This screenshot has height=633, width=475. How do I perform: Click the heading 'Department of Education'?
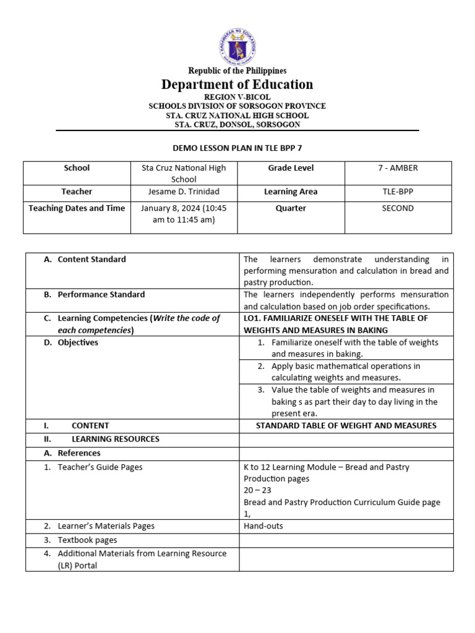237,84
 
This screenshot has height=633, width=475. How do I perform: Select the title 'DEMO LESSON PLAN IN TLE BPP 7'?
237,148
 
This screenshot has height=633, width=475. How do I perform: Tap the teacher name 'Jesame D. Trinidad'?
184,192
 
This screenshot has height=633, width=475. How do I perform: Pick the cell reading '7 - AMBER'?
398,168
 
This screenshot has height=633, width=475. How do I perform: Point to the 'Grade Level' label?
291,168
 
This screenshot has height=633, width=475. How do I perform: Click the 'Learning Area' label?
291,192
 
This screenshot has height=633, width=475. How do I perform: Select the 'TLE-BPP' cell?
398,192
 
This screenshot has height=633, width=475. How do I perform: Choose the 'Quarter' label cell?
291,208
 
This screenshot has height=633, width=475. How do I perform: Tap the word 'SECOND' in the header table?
398,208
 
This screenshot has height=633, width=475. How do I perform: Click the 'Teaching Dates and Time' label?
77,208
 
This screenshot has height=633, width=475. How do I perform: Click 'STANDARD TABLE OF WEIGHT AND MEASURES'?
346,425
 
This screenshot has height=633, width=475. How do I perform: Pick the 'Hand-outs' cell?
263,526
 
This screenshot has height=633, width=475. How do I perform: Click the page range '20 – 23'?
257,490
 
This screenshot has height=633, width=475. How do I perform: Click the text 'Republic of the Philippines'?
237,71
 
